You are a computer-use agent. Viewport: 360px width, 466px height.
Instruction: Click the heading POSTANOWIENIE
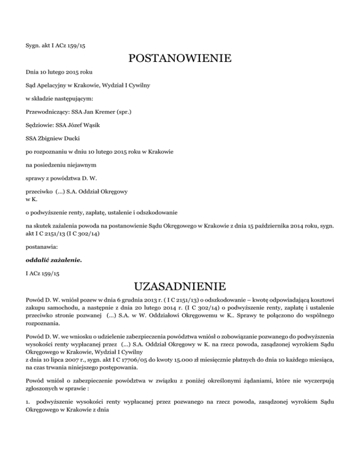[x=180, y=59]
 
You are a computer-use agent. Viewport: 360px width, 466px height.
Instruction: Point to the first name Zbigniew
[x=53, y=139]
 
